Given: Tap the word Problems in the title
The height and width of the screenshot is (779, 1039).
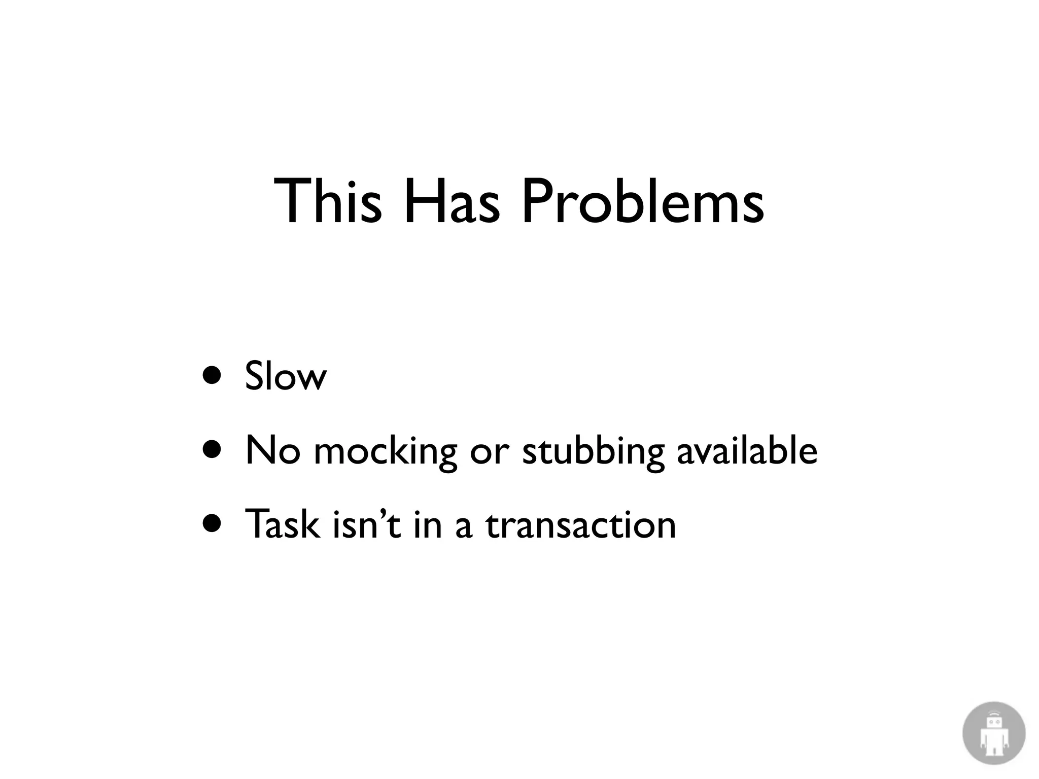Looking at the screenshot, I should point(642,202).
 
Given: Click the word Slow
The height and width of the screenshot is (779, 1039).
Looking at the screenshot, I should point(285,376).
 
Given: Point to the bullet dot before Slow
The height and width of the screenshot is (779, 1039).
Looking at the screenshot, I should point(212,376).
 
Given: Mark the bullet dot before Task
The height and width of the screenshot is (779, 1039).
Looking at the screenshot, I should point(212,524).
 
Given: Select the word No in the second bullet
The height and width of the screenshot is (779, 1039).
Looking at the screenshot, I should point(272,450).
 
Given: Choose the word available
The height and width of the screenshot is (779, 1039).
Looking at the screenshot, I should point(747,450).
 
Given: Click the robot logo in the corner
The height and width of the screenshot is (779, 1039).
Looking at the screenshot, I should point(993,733).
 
